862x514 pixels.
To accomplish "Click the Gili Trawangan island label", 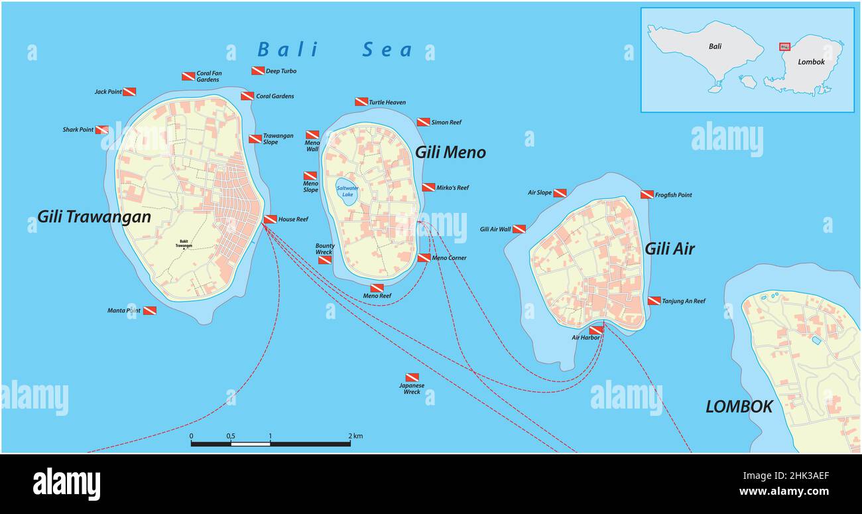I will click(x=93, y=216).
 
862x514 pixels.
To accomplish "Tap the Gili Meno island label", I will click(x=450, y=152).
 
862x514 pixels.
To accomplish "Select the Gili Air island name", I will click(x=670, y=249).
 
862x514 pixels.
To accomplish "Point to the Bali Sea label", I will click(x=335, y=50).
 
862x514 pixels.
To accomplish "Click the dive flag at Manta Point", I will click(x=150, y=310).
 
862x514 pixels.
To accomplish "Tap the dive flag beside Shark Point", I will click(x=102, y=130).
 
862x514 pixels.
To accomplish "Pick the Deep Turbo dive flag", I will click(x=258, y=71).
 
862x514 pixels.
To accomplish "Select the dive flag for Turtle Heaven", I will click(x=361, y=101).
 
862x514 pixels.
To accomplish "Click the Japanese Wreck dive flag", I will click(x=412, y=377).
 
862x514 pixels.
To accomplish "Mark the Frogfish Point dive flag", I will click(x=647, y=194).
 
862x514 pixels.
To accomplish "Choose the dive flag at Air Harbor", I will click(x=595, y=330).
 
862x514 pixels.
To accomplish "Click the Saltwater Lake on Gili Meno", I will click(x=347, y=190).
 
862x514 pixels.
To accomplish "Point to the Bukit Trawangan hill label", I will click(x=184, y=243).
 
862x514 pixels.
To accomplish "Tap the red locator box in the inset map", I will click(x=784, y=46).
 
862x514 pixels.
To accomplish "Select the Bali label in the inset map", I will click(x=715, y=46).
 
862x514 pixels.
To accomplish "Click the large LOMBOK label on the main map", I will click(x=739, y=407).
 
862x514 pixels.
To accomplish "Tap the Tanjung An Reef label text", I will click(x=684, y=301).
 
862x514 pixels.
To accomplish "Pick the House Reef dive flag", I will click(x=271, y=220).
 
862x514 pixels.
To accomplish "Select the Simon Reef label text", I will click(x=446, y=122).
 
